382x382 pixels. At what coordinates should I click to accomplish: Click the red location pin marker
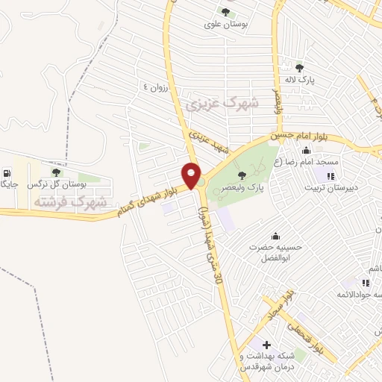coord(192,176)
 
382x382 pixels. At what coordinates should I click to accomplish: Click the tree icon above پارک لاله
coord(299,67)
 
